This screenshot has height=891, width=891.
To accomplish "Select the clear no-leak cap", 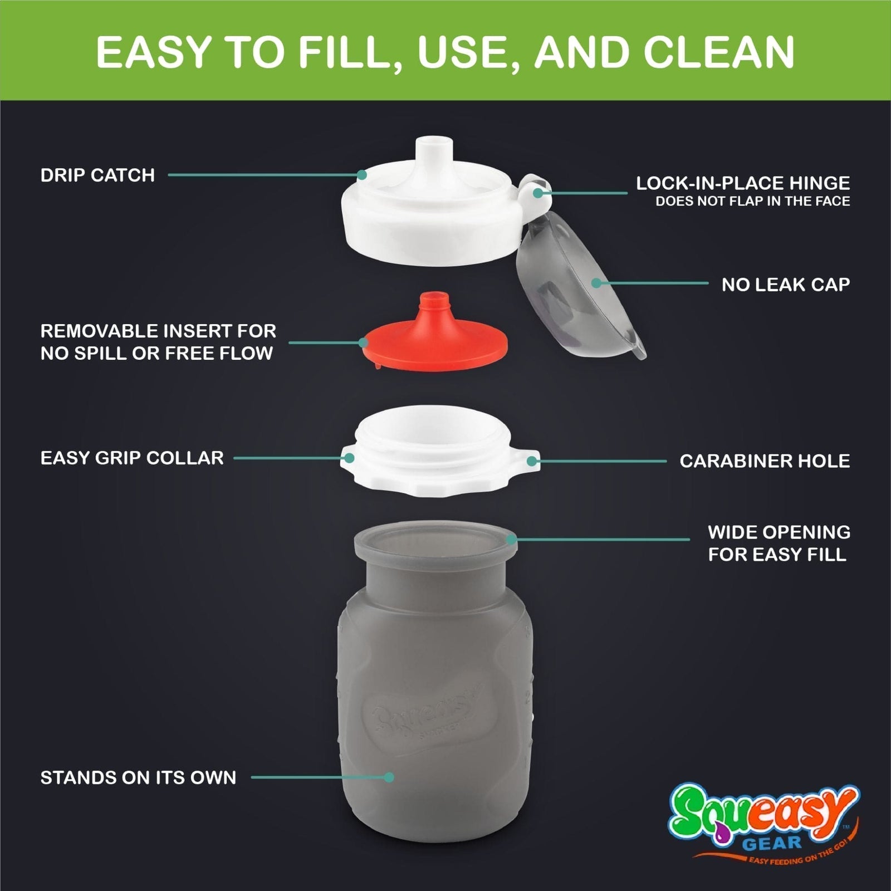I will click(579, 290).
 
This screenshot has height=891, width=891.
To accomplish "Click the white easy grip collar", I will click(440, 457).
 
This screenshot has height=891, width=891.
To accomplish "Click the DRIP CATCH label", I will click(97, 175).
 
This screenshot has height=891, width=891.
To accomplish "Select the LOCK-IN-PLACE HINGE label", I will click(743, 183).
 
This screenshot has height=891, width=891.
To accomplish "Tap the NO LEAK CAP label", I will click(785, 285).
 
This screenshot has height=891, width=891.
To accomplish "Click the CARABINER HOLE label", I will click(765, 461).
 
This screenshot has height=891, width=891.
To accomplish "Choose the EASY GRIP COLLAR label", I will click(132, 458).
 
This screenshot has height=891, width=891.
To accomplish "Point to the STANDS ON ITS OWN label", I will click(138, 777).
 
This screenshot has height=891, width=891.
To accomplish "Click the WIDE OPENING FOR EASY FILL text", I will click(779, 544).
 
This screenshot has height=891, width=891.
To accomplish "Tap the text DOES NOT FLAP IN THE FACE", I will click(752, 202).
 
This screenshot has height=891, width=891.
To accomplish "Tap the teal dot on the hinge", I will click(537, 193).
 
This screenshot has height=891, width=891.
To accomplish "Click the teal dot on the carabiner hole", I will click(532, 461).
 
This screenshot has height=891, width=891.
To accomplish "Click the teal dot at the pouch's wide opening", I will click(511, 539).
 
